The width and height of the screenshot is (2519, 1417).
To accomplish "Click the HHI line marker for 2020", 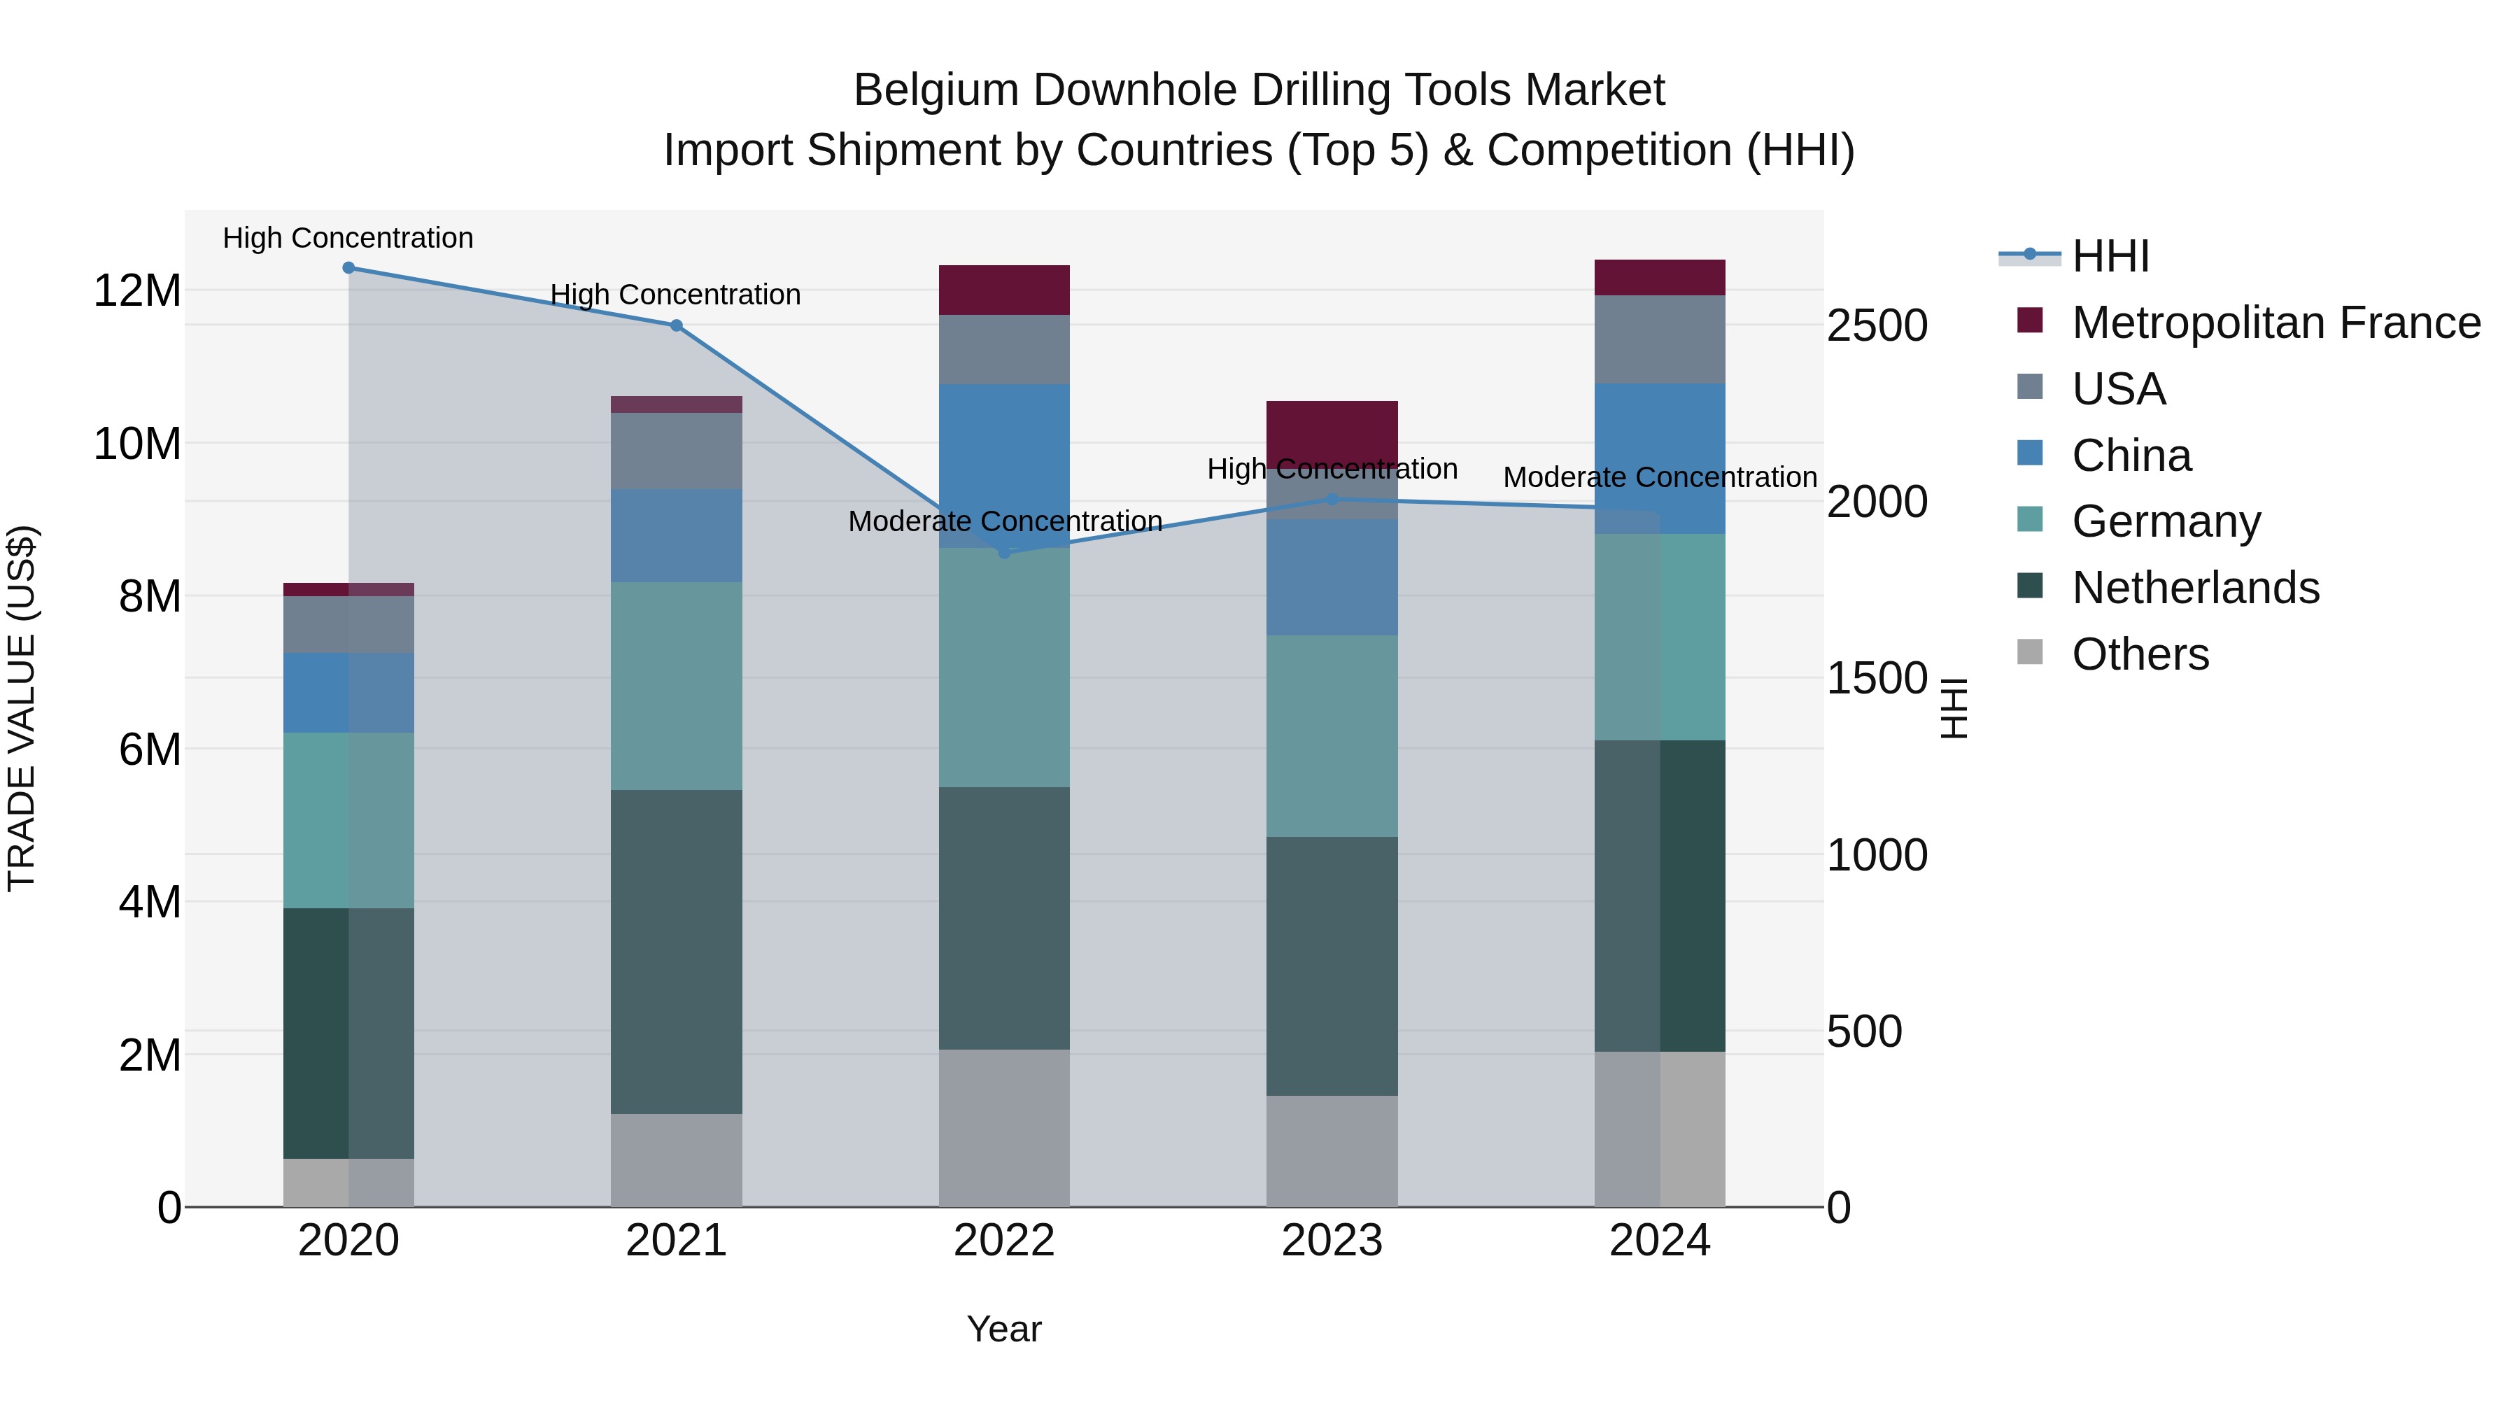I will pos(348,268).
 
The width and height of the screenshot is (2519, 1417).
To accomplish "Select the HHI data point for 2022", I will pos(1003,553).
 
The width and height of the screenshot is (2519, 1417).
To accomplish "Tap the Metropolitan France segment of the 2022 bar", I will pos(1003,290).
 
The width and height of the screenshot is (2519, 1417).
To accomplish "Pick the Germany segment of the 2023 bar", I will pos(1331,735).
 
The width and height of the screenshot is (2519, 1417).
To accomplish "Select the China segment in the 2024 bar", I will pos(1660,458).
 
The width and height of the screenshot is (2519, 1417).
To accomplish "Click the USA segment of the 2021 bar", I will pos(676,451).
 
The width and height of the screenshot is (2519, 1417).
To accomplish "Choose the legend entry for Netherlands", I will pos(2194,588).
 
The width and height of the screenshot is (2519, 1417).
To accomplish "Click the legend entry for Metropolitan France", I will pos(2275,323).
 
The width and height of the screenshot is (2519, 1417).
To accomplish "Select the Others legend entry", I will pos(2140,654).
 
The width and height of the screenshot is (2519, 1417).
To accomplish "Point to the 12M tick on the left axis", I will pos(137,290).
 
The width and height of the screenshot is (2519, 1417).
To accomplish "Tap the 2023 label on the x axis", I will pos(1331,1241).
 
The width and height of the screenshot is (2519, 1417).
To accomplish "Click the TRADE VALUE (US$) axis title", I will pos(22,708).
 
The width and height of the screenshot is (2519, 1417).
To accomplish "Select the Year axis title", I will pos(1003,1329).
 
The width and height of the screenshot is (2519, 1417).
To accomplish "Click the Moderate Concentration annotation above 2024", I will pos(1660,477).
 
